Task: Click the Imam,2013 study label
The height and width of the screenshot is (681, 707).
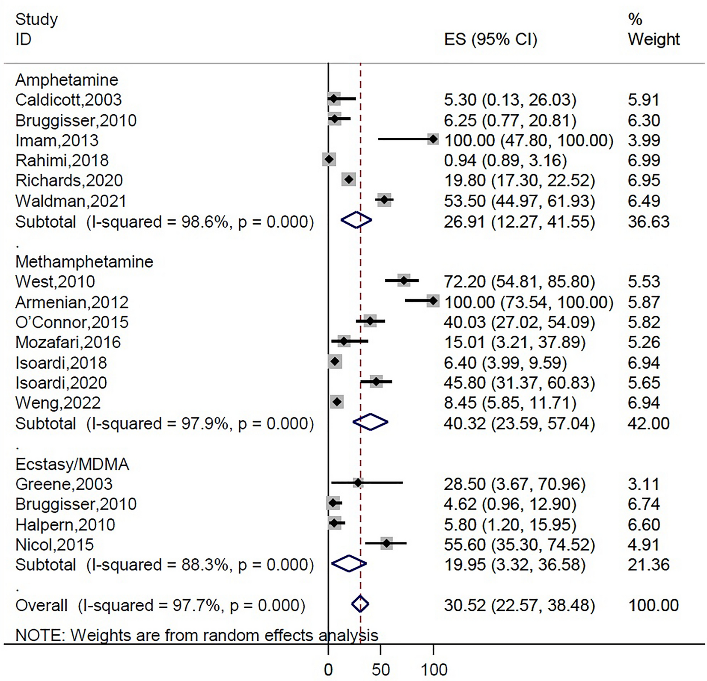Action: pos(57,140)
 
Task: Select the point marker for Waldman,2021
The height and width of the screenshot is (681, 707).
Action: pos(384,200)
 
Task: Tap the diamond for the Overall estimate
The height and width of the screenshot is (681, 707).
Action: pos(360,604)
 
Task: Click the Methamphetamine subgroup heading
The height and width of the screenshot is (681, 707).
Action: pos(84,261)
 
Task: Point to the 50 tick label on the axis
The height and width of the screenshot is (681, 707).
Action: pos(381,669)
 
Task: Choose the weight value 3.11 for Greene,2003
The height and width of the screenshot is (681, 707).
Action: pos(644,484)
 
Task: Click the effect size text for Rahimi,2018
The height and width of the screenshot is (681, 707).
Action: pos(505,160)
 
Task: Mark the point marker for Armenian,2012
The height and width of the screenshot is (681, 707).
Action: pos(433,301)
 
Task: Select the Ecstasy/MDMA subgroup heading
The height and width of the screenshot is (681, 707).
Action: pos(72,464)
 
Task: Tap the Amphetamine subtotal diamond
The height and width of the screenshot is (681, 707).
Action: pos(356,221)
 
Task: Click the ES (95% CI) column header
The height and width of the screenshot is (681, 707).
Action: pos(490,39)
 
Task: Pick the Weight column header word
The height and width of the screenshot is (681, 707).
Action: pos(654,39)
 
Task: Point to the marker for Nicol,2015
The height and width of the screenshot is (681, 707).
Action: pos(386,544)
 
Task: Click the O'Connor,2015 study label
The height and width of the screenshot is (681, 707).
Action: pos(72,322)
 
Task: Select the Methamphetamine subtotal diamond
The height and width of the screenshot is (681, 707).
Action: pos(370,422)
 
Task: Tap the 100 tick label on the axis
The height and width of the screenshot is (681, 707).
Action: pos(434,669)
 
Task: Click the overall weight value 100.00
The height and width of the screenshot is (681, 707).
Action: pos(653,605)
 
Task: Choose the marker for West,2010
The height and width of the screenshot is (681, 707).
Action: pos(404,281)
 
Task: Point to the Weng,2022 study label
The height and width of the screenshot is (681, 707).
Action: pos(58,403)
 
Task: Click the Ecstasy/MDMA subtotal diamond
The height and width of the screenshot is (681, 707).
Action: pos(349,564)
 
